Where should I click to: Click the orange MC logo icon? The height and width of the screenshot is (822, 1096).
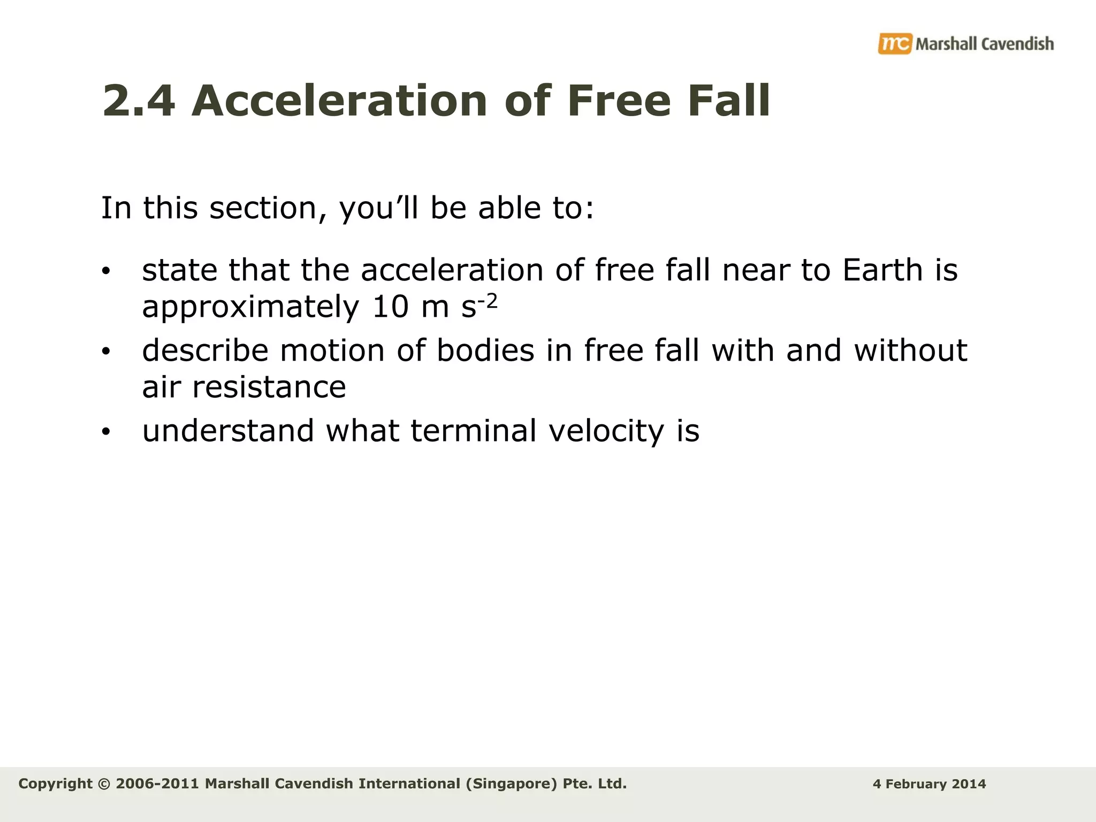[894, 43]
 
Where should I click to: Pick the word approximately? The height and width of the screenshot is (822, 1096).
[250, 308]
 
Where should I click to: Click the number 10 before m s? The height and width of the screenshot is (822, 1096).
[390, 307]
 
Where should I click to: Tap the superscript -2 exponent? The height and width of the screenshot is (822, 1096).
[488, 301]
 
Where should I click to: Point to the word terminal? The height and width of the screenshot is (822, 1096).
[474, 431]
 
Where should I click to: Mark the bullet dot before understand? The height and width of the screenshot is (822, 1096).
[106, 432]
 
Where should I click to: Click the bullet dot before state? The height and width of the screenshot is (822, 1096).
[106, 271]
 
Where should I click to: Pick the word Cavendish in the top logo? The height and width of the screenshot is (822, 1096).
[1017, 44]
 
